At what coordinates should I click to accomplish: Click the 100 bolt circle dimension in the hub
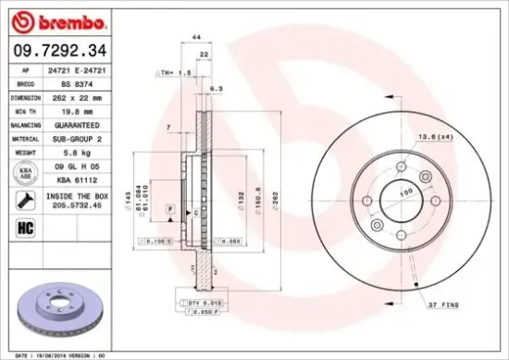403,192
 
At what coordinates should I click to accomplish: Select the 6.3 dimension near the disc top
217,89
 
